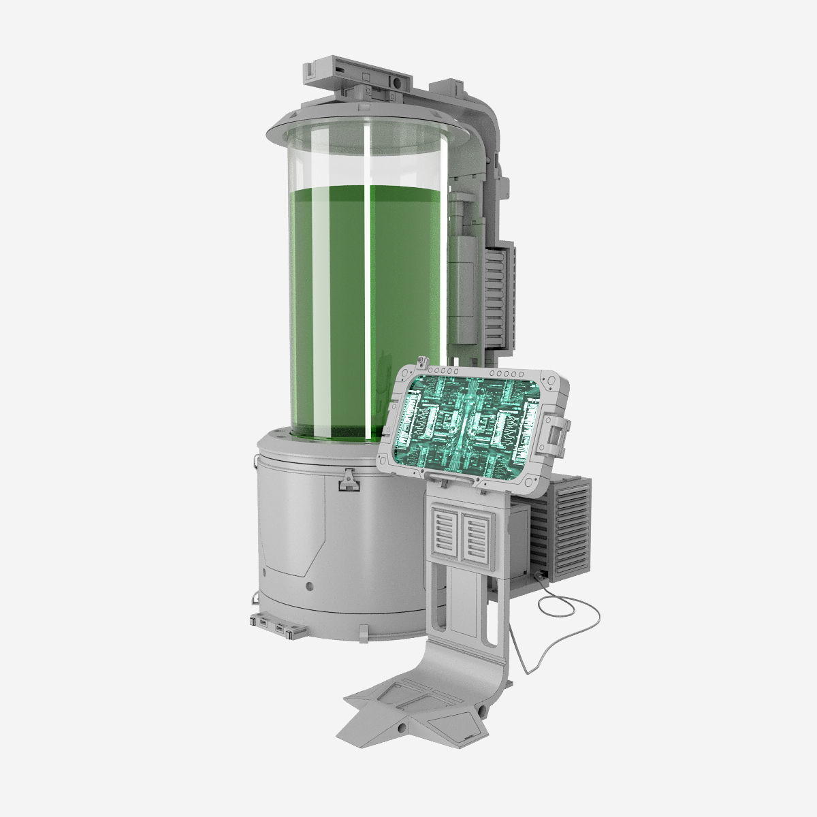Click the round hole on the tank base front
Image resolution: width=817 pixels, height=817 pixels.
[310, 586]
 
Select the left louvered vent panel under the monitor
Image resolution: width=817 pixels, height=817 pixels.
[447, 534]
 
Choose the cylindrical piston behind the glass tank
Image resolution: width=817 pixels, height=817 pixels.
[464, 272]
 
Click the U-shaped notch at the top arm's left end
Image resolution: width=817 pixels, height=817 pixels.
[310, 70]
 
